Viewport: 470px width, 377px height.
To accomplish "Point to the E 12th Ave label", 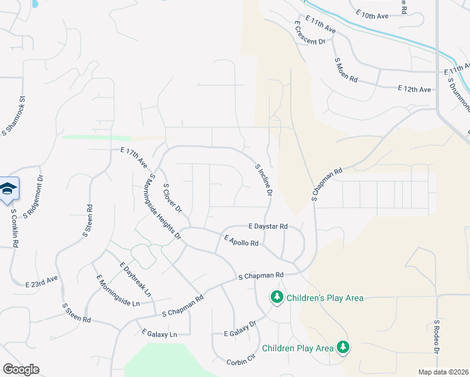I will (414, 90).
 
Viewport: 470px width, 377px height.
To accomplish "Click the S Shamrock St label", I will (14, 116).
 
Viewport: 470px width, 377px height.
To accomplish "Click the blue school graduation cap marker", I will (8, 188).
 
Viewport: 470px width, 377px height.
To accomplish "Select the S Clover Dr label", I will (172, 197).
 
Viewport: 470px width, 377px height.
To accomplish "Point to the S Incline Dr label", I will (263, 179).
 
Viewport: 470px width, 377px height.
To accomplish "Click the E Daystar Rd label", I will (268, 226).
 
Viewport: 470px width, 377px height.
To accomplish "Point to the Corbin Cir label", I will (242, 358).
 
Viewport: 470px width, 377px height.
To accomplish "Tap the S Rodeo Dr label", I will (437, 336).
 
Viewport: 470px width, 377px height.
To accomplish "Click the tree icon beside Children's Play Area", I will (276, 296).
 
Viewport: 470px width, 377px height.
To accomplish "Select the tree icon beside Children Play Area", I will (342, 347).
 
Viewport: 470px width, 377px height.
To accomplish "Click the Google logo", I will (21, 369).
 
